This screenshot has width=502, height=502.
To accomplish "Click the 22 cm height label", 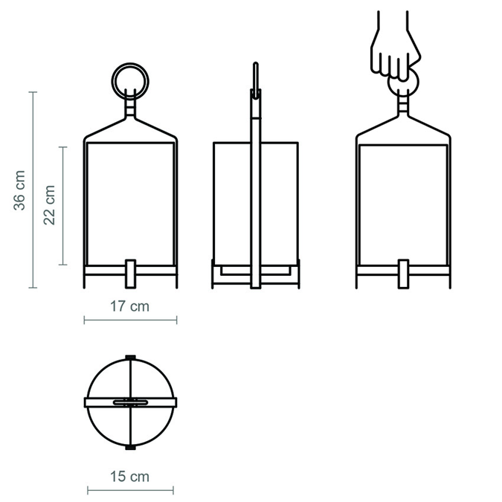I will click(x=50, y=206).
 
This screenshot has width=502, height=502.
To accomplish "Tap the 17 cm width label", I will click(x=130, y=306).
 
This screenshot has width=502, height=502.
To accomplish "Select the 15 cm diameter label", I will click(x=130, y=477).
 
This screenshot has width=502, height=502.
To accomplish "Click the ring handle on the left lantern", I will click(x=131, y=78).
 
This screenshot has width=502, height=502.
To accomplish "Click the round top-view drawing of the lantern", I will click(x=131, y=402).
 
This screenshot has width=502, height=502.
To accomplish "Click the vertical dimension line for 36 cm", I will click(x=33, y=190).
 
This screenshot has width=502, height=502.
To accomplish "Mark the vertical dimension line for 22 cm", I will click(x=63, y=206).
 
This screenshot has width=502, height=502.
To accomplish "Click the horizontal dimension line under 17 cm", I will click(x=130, y=321).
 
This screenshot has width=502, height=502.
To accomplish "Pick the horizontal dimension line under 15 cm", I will click(x=131, y=490).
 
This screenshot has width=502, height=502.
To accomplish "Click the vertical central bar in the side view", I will click(x=255, y=193).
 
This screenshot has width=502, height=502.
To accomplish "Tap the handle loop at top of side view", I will click(x=255, y=79).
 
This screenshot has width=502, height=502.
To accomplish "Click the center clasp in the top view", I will click(x=131, y=402).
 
